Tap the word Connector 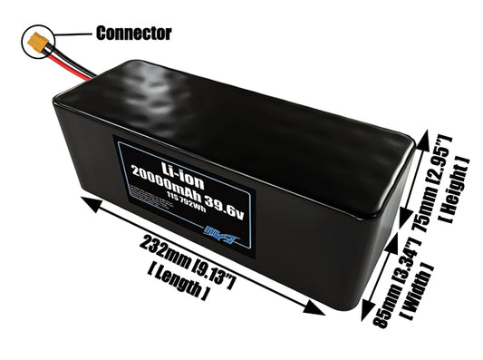coord(133,34)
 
